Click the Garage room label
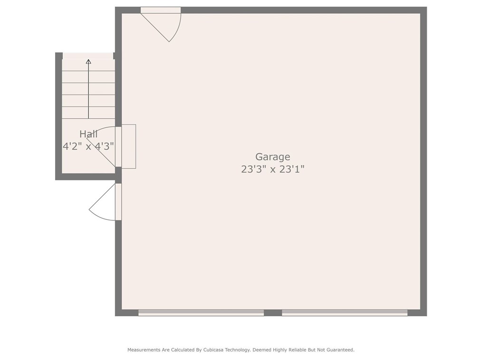272,157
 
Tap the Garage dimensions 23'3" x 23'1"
272,169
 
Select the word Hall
88,134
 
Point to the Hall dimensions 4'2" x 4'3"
88,146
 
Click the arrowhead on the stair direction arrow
88,61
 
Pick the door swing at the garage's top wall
164,24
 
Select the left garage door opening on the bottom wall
201,313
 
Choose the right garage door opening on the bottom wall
345,313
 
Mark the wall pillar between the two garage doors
273,313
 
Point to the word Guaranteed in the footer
340,350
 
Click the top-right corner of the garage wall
423,10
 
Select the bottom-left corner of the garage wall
118,313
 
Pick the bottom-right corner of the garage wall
423,313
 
